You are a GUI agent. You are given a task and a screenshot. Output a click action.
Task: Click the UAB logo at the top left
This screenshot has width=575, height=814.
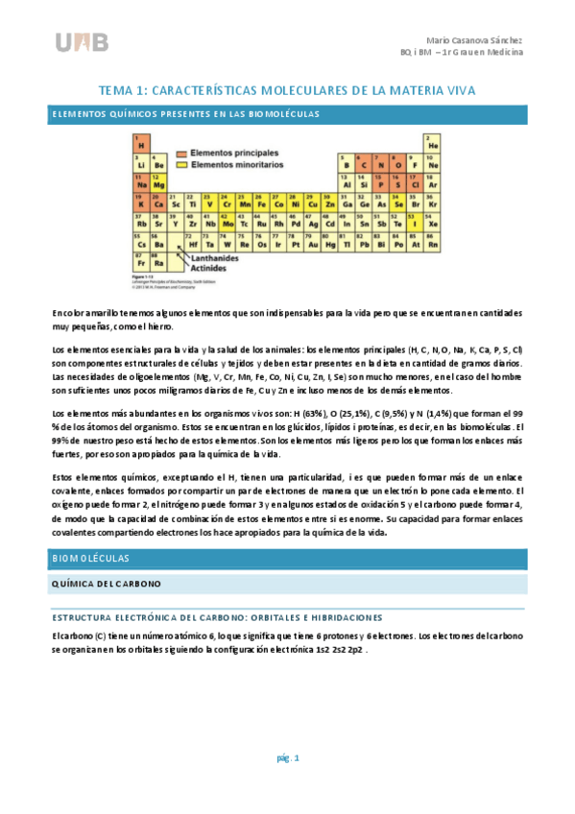pos(82,42)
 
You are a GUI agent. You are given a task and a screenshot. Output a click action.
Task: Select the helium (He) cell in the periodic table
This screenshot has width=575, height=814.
pos(433,143)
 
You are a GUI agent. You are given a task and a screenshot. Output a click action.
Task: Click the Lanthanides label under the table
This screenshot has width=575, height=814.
pos(216,258)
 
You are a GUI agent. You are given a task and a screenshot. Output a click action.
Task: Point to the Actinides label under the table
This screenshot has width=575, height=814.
pos(212,270)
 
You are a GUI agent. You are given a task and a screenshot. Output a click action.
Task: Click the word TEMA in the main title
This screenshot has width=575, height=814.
pos(119,90)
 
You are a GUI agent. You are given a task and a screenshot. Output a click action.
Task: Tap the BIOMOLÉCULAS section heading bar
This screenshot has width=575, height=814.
pos(287,558)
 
